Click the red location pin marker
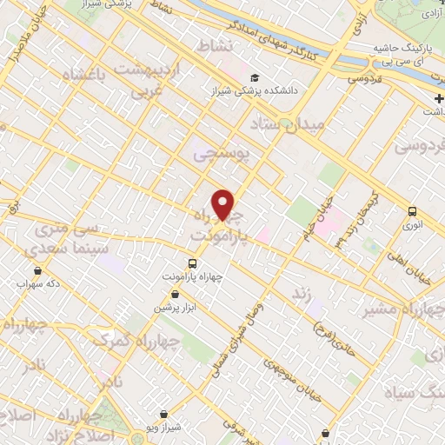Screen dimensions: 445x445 [x=223, y=205]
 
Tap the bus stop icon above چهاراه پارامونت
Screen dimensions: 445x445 [x=193, y=262]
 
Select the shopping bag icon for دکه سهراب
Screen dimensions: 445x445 [x=23, y=270]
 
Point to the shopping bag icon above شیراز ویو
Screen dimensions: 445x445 [x=163, y=413]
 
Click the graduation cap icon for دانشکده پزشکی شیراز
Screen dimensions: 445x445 [x=254, y=76]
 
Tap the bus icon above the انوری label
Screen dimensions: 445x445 [x=412, y=210]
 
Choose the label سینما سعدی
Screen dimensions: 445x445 [x=64, y=249]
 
